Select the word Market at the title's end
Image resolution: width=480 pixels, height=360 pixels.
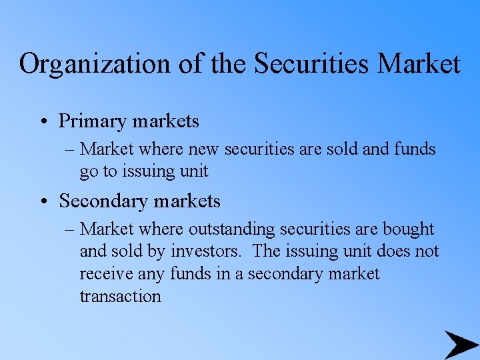419,65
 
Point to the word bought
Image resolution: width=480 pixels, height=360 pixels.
408,229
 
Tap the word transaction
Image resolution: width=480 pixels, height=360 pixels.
120,296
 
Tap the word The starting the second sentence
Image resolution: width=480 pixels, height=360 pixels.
267,251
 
